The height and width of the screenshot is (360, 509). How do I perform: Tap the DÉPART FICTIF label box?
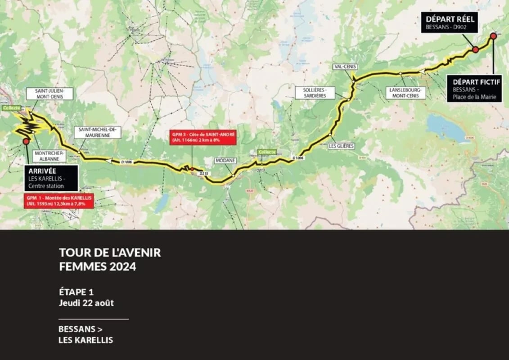tap(474, 88)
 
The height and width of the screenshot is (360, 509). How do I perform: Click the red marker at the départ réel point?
tap(475, 49)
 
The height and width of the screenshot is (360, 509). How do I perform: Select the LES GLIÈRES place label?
tap(341, 146)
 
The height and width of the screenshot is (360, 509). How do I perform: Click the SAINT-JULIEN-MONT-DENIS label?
tap(50, 93)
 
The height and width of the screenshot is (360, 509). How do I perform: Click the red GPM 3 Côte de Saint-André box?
tap(203, 137)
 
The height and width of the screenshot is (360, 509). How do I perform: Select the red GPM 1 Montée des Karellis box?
tap(59, 200)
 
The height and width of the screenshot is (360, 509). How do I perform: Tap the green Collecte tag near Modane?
tap(266, 152)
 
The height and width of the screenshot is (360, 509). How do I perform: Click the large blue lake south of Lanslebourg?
tap(448, 128)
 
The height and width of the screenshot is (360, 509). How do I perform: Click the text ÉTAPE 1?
tap(76, 292)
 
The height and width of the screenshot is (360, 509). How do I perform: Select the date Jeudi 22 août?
tap(86, 303)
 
